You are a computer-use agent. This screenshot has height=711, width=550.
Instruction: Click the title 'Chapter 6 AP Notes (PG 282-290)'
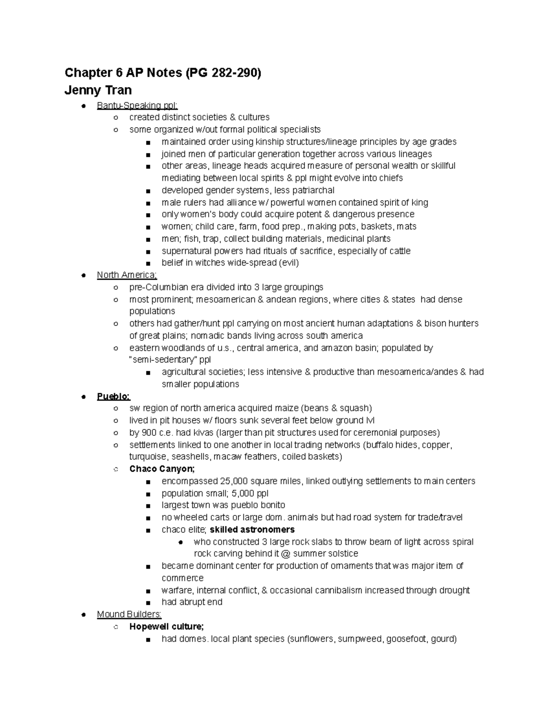[163, 73]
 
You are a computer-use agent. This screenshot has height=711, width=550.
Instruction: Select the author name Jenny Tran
[98, 90]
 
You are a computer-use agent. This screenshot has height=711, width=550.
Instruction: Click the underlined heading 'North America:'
[127, 275]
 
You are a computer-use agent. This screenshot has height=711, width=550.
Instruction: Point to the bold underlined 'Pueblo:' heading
[114, 396]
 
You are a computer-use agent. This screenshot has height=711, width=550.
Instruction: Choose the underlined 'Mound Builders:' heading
[129, 614]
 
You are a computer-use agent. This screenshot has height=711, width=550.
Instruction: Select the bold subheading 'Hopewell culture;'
[166, 626]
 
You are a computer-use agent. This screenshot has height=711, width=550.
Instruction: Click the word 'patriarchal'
[313, 190]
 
